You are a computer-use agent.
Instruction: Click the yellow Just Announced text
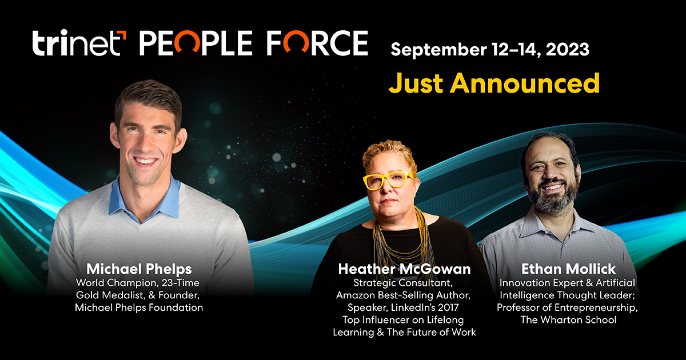coord(494,83)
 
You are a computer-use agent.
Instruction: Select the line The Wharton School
coord(568,320)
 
